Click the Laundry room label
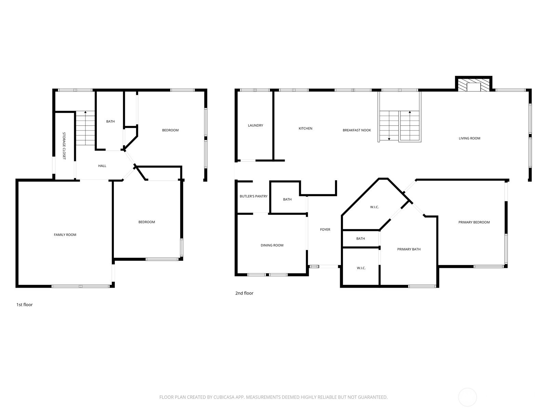[x=255, y=125]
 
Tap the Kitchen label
[x=305, y=128]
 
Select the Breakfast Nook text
[x=357, y=130]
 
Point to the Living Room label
[x=469, y=138]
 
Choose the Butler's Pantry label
[x=253, y=196]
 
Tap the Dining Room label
[x=272, y=245]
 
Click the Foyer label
[x=325, y=229]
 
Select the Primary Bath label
[x=409, y=249]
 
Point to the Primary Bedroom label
[x=474, y=222]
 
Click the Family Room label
[x=65, y=235]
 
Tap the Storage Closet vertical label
[x=64, y=146]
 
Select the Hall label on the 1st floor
[x=102, y=166]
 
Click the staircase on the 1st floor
[x=85, y=128]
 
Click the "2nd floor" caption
[x=244, y=293]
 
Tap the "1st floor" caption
[x=24, y=304]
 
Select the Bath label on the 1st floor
[x=110, y=121]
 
